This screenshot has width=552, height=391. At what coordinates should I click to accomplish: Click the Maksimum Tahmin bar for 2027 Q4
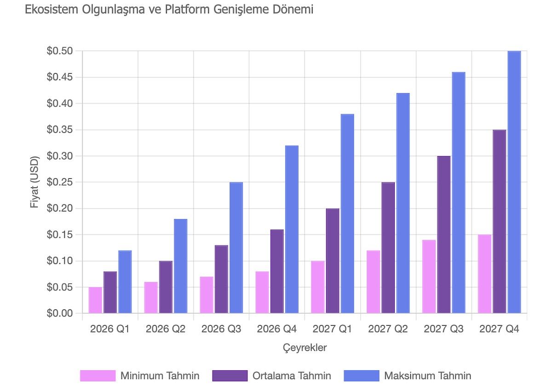pyautogui.click(x=514, y=182)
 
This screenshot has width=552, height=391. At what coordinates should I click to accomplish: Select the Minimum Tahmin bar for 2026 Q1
pyautogui.click(x=95, y=300)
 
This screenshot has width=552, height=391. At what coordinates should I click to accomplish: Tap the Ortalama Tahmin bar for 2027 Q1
pyautogui.click(x=333, y=261)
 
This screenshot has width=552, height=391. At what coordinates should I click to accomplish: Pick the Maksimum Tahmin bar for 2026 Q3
pyautogui.click(x=236, y=248)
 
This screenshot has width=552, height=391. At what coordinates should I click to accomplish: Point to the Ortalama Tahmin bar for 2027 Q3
pyautogui.click(x=444, y=234)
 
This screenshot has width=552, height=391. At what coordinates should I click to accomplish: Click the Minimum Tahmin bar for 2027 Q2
pyautogui.click(x=373, y=282)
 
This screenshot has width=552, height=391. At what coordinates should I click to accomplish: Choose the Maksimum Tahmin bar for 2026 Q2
pyautogui.click(x=180, y=266)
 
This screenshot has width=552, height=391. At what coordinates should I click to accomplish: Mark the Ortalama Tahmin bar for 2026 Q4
pyautogui.click(x=277, y=271)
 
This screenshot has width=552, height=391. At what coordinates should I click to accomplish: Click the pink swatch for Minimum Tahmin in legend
pyautogui.click(x=98, y=376)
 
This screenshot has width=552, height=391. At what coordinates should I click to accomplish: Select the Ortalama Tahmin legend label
pyautogui.click(x=292, y=376)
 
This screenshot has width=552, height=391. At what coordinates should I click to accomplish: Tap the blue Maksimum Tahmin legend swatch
pyautogui.click(x=362, y=376)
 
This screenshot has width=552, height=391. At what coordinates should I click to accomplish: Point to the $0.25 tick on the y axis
pyautogui.click(x=60, y=182)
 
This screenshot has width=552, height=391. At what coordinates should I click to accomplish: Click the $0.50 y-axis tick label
pyautogui.click(x=60, y=51)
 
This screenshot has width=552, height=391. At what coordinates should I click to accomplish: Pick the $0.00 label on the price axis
pyautogui.click(x=60, y=314)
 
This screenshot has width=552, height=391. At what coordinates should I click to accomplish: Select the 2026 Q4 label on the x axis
pyautogui.click(x=277, y=329)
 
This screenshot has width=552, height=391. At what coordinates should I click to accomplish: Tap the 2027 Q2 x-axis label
pyautogui.click(x=388, y=329)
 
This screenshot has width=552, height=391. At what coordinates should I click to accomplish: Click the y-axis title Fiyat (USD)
pyautogui.click(x=34, y=181)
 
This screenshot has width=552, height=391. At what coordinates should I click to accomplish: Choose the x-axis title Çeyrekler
pyautogui.click(x=305, y=348)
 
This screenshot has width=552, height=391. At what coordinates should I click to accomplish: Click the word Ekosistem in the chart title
pyautogui.click(x=51, y=9)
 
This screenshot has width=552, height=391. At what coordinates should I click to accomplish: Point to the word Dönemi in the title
pyautogui.click(x=293, y=9)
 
